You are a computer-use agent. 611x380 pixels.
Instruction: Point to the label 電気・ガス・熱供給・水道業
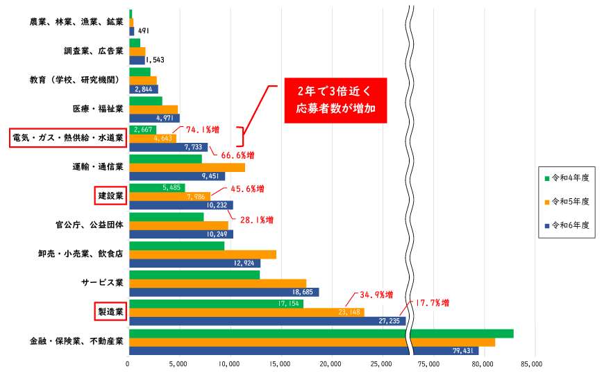click(67, 138)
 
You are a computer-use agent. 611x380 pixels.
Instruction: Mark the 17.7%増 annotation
click(432, 303)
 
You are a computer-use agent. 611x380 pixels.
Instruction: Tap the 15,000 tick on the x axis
click(281, 363)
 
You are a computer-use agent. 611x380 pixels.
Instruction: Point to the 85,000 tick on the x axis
click(531, 363)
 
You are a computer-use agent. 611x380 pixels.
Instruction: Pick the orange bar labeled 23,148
click(246, 312)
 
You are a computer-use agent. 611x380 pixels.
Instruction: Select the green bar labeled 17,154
click(216, 304)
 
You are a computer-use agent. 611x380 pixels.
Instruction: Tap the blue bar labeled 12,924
click(194, 263)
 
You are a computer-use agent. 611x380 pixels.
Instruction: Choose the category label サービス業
click(102, 283)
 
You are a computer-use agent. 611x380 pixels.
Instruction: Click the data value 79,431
click(462, 351)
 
